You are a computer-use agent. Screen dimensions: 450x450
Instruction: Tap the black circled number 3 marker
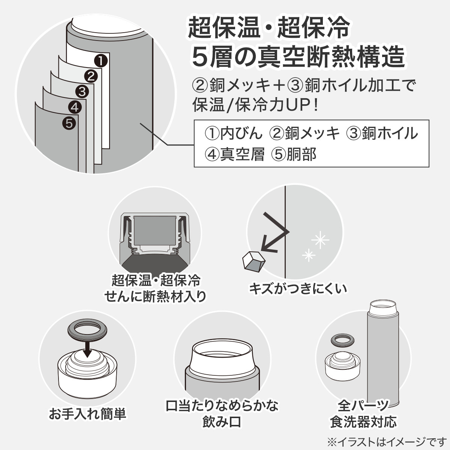[82, 91]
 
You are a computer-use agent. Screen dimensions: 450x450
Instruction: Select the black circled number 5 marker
[69, 123]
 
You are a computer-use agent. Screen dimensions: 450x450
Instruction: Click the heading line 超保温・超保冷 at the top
[268, 28]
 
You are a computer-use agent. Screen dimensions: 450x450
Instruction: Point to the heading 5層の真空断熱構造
[298, 57]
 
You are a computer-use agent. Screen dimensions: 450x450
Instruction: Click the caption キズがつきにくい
[298, 289]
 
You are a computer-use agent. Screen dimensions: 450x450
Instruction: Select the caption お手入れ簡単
[88, 414]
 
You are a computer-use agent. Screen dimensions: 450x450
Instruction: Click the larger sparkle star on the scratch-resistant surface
[320, 240]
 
